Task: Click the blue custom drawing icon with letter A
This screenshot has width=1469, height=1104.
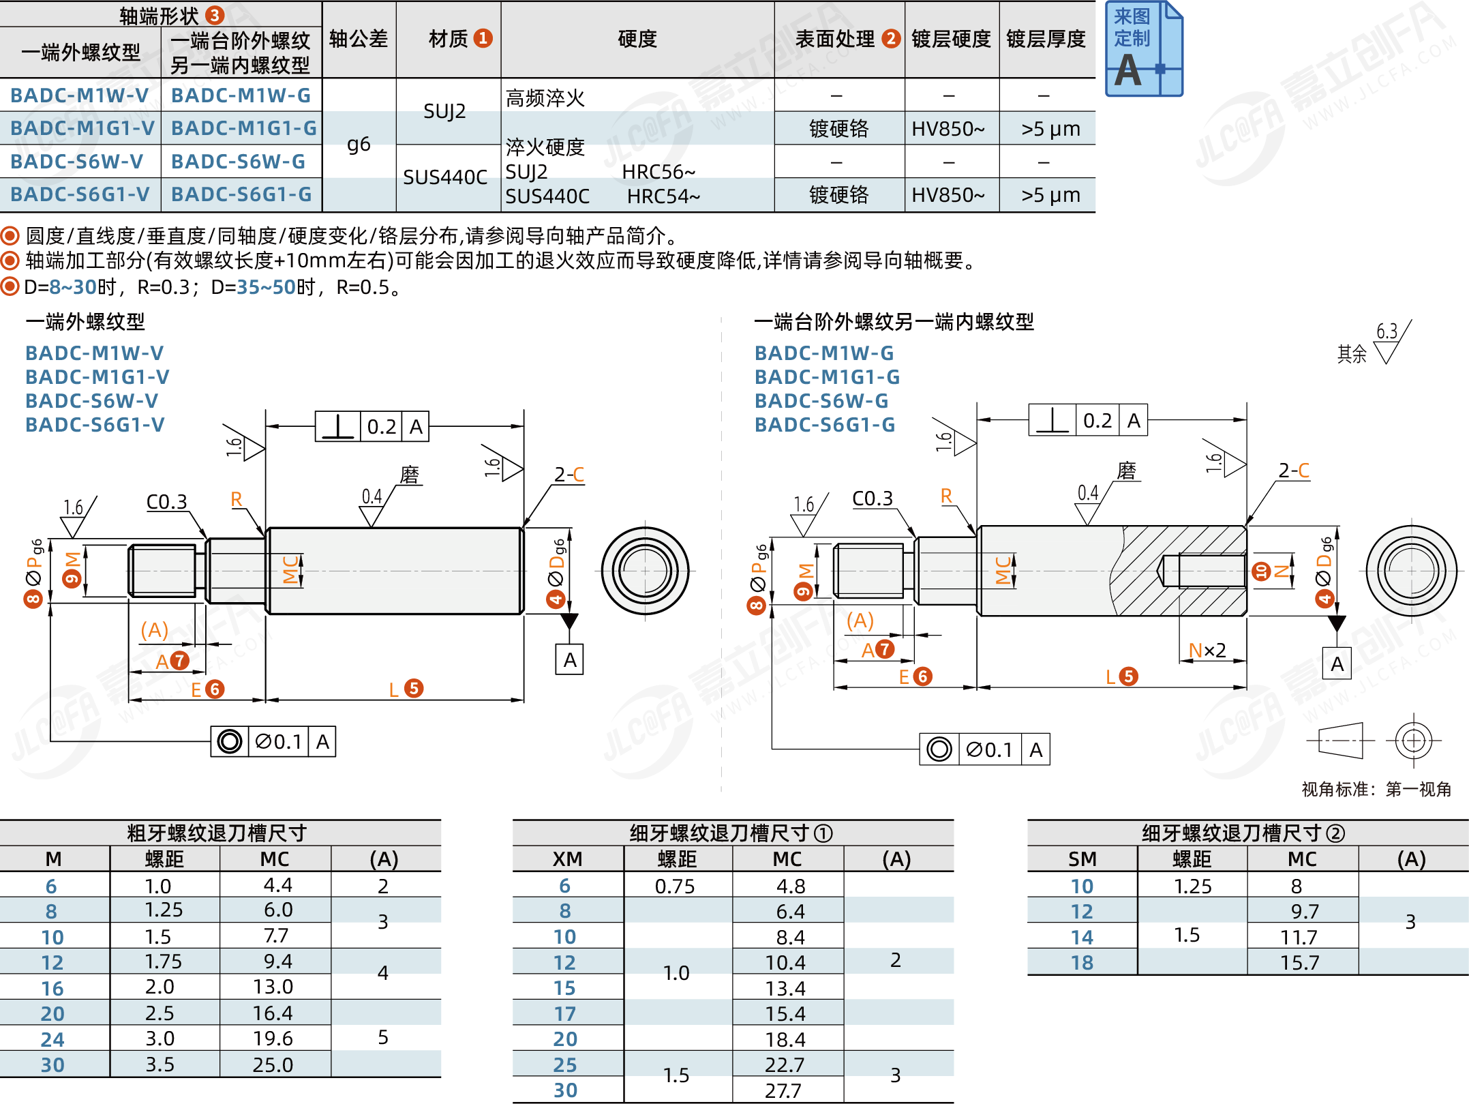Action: click(1143, 49)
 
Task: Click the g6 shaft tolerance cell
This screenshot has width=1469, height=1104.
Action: click(359, 145)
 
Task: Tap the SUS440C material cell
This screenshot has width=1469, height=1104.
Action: click(445, 177)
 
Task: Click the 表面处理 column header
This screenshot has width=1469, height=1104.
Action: click(835, 39)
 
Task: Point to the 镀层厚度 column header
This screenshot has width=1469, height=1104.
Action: click(1046, 39)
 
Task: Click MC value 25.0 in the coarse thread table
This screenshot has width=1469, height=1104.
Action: click(273, 1064)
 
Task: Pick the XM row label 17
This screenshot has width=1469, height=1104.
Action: click(564, 1013)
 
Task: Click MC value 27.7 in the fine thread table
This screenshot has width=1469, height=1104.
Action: click(783, 1090)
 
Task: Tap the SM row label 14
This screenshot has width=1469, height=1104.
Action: click(1082, 937)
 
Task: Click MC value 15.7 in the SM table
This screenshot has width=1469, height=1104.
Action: click(1299, 962)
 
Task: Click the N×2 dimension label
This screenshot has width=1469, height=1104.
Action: click(1207, 650)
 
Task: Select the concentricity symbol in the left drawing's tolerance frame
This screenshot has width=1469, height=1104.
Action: click(230, 741)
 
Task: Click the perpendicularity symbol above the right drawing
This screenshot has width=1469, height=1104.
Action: click(1052, 420)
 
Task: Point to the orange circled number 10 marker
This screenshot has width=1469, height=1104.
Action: click(1261, 571)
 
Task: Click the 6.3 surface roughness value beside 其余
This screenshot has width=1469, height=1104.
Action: click(1387, 331)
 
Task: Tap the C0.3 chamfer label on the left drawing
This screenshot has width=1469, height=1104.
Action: click(166, 502)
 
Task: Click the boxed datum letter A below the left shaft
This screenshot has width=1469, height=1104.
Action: click(570, 659)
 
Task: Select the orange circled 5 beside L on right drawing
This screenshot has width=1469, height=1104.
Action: click(1129, 676)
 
